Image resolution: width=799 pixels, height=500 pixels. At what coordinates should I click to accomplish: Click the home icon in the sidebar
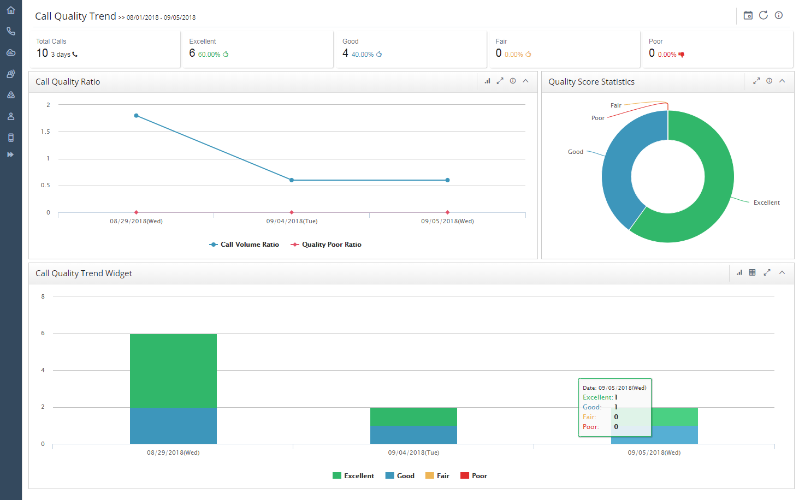(x=10, y=10)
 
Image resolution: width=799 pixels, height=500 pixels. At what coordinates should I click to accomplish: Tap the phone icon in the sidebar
(x=10, y=32)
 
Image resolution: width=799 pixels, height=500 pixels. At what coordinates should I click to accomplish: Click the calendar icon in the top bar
(x=748, y=15)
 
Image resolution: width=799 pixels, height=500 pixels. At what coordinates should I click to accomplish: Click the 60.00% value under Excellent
(x=209, y=55)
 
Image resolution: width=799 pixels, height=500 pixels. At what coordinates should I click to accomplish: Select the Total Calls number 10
(x=42, y=53)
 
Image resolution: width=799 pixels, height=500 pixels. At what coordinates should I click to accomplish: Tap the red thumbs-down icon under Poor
(x=681, y=55)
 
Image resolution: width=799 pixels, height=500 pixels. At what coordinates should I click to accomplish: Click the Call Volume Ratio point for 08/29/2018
(x=136, y=116)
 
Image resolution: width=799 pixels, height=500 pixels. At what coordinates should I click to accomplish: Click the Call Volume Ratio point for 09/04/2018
(x=292, y=180)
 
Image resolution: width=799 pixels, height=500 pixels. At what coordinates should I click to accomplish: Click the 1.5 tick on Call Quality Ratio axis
(x=45, y=132)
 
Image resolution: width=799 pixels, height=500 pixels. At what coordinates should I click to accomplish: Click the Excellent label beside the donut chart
(x=766, y=203)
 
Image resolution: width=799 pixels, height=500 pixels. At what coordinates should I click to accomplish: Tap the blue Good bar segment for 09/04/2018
(x=413, y=434)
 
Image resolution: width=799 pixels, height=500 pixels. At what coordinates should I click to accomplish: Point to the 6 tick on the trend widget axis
(x=43, y=333)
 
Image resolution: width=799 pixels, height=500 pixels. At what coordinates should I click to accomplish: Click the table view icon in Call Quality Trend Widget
(x=752, y=272)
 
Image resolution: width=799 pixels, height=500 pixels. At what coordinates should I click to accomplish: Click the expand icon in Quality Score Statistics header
(x=756, y=81)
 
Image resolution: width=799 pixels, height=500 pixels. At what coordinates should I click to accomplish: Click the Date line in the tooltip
(x=614, y=388)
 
